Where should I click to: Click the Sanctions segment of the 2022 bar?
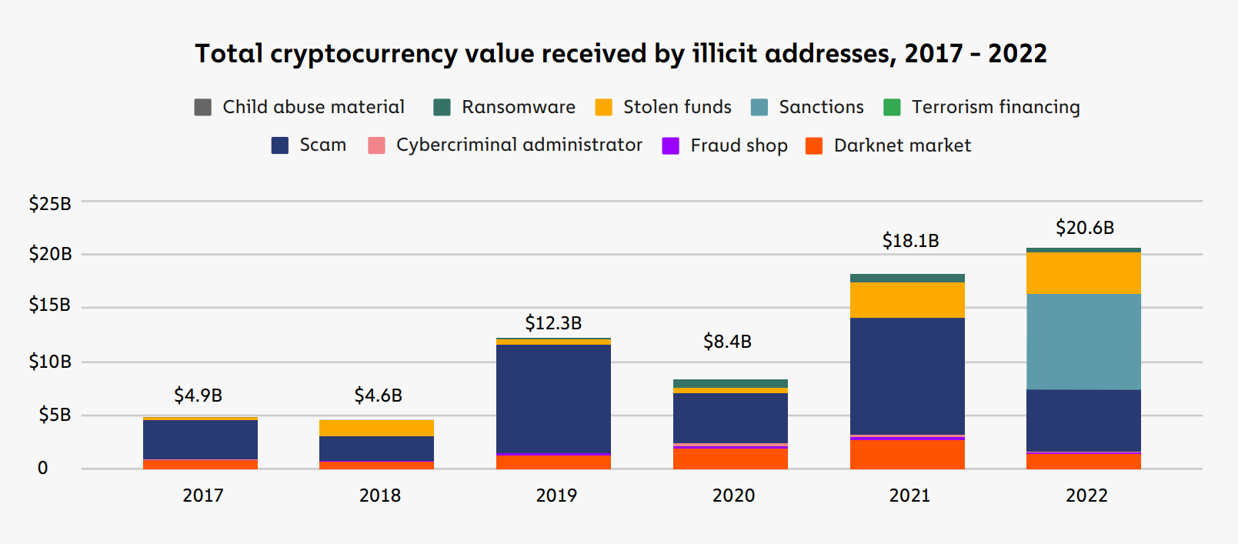pyautogui.click(x=1083, y=342)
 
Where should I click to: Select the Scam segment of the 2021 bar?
pyautogui.click(x=907, y=375)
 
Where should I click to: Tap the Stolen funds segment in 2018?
pyautogui.click(x=376, y=428)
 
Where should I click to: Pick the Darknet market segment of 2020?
pyautogui.click(x=730, y=459)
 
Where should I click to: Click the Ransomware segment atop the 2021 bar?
pyautogui.click(x=907, y=278)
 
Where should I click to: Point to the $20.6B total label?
pyautogui.click(x=1085, y=228)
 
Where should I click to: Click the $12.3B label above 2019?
pyautogui.click(x=553, y=323)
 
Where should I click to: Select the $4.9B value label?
pyautogui.click(x=198, y=395)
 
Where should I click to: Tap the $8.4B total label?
pyautogui.click(x=727, y=342)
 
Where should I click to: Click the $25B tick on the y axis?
pyautogui.click(x=50, y=204)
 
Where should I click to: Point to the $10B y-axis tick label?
pyautogui.click(x=50, y=362)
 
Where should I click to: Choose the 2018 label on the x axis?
pyautogui.click(x=380, y=496)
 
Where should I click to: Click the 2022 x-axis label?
pyautogui.click(x=1086, y=496)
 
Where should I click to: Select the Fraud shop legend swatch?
pyautogui.click(x=671, y=146)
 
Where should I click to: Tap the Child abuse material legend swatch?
pyautogui.click(x=203, y=107)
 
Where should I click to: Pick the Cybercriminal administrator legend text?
pyautogui.click(x=519, y=145)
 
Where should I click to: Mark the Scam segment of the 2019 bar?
pyautogui.click(x=553, y=399)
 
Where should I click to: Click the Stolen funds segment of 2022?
pyautogui.click(x=1083, y=273)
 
